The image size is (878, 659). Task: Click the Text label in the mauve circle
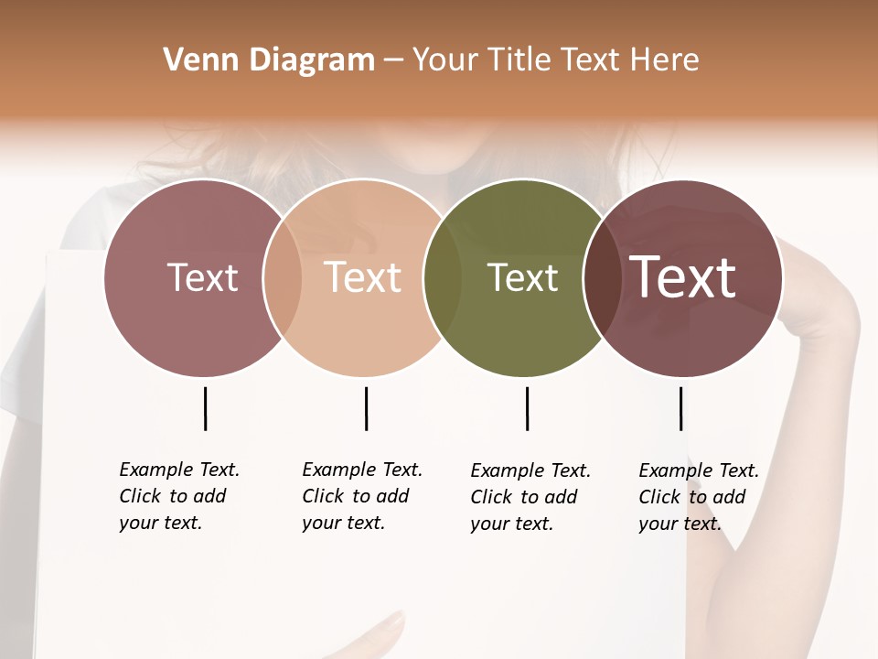[202, 277]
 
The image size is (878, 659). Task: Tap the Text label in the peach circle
[363, 277]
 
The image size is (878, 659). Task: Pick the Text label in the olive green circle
[522, 277]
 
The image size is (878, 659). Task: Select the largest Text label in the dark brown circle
[683, 277]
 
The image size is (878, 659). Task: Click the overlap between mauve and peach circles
[283, 277]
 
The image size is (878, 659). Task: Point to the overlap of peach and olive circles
[443, 277]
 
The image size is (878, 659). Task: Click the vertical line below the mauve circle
[205, 408]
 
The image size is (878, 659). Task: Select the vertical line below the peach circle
[366, 408]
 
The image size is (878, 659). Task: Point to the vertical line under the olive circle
[527, 408]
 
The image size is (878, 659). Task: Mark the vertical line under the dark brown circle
[680, 408]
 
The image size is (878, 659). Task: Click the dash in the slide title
[393, 60]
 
